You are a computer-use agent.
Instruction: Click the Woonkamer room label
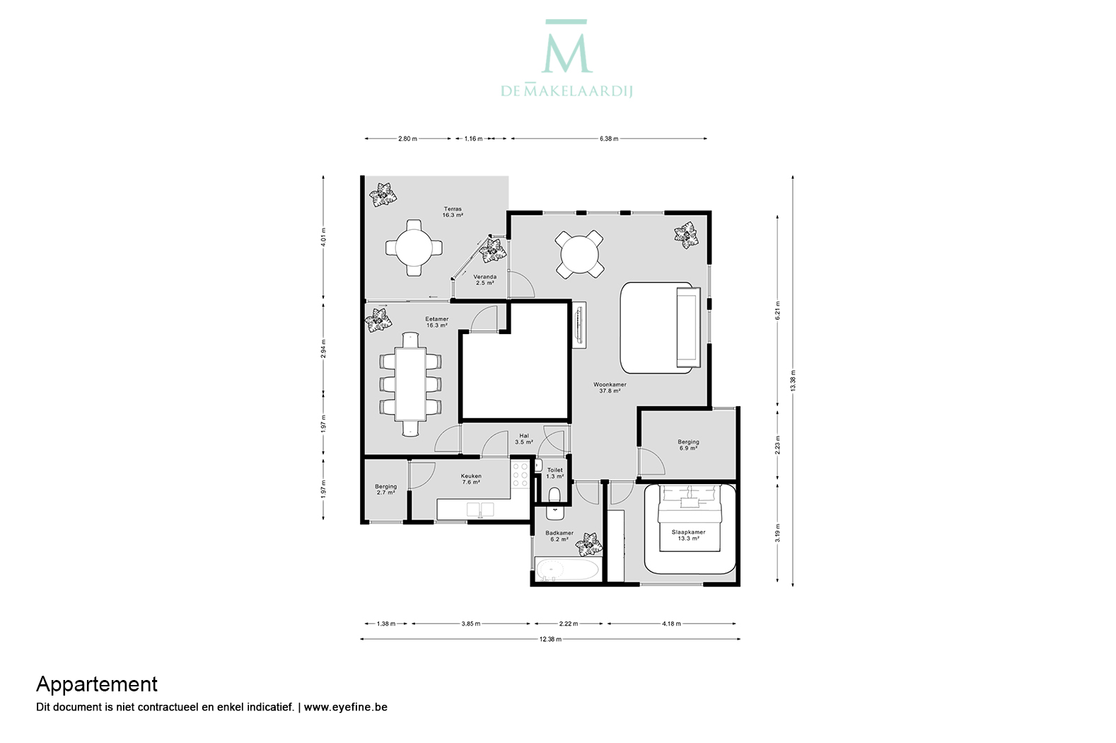[610, 388]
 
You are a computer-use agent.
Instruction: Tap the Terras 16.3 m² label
[453, 212]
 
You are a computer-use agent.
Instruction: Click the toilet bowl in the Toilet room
[554, 495]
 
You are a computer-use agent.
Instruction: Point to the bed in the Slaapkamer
[690, 519]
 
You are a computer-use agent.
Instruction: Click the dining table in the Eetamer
[410, 384]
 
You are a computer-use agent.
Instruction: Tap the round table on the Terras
[414, 248]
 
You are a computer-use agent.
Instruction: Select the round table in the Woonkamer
[579, 254]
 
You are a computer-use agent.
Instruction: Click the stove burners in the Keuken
[520, 474]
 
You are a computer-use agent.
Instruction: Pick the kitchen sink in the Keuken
[480, 509]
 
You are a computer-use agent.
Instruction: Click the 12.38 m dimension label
[550, 639]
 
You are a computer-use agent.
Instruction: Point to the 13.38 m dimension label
[793, 381]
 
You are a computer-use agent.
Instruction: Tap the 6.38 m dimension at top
[609, 139]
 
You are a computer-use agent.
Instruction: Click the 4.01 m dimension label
[323, 237]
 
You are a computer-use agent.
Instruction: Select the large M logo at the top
[566, 47]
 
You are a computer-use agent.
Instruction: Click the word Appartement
[97, 684]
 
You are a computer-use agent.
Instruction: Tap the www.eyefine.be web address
[345, 707]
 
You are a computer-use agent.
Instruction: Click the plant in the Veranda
[493, 250]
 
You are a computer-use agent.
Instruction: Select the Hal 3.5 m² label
[523, 439]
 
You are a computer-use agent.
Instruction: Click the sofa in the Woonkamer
[688, 327]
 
